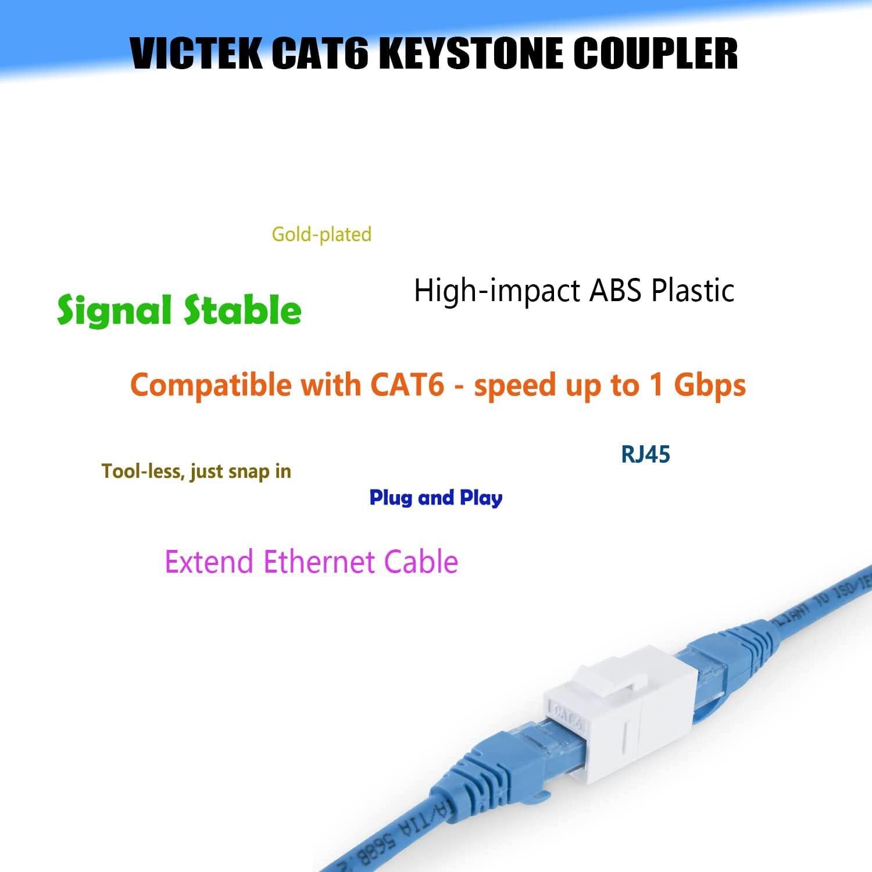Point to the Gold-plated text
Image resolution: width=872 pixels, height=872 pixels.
[x=321, y=234]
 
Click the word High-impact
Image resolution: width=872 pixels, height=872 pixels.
[x=498, y=290]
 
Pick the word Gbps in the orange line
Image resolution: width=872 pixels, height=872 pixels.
[x=709, y=385]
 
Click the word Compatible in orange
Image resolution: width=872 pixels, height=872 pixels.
[x=210, y=385]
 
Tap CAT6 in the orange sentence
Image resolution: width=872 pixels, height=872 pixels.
[x=407, y=385]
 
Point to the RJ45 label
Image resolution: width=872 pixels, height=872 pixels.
[x=645, y=454]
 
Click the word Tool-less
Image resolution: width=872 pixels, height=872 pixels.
[x=142, y=471]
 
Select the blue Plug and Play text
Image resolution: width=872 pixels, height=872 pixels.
[x=436, y=498]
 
